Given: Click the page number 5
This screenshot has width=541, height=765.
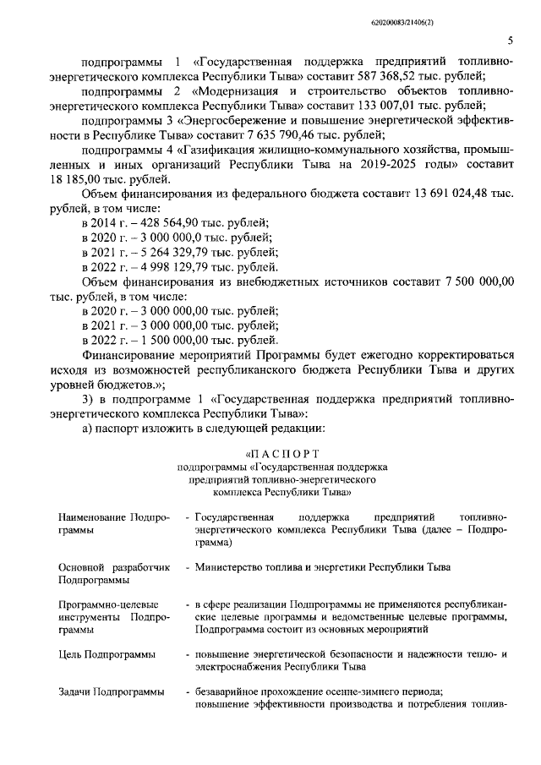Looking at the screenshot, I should pyautogui.click(x=510, y=41).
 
